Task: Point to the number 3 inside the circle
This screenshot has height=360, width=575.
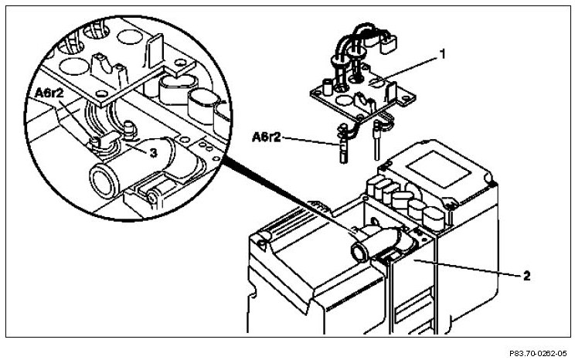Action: coord(154,153)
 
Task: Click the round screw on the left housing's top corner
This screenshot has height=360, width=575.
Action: coord(264,245)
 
